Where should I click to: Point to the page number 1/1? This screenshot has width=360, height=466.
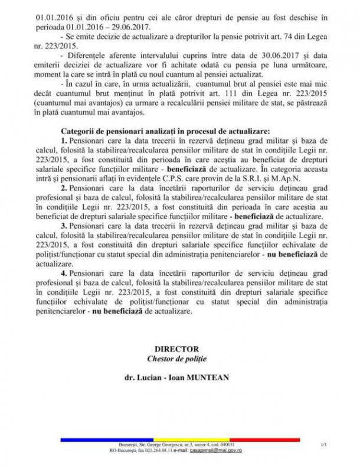tap(323, 444)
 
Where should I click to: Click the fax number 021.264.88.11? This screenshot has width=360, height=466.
tap(152, 450)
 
